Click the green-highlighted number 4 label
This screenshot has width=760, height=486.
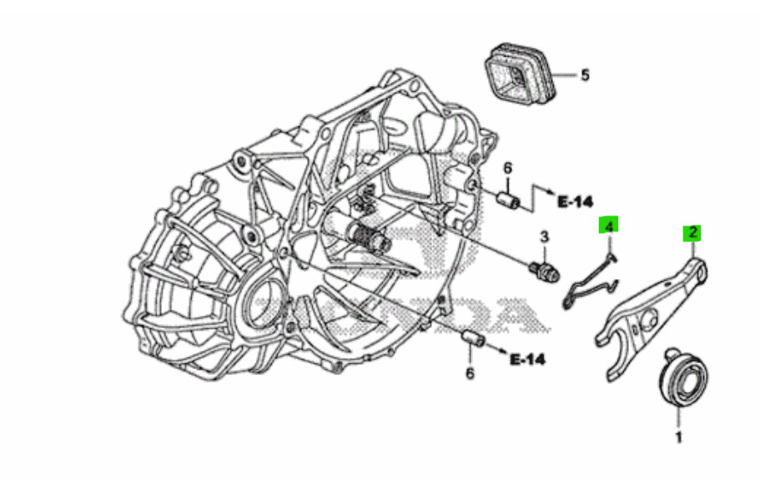[610, 226]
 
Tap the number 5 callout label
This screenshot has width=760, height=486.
[585, 75]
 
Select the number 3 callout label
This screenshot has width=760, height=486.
[543, 236]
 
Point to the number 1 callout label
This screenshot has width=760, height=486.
[678, 437]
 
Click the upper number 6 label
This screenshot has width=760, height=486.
[507, 170]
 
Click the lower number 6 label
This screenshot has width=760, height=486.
[470, 373]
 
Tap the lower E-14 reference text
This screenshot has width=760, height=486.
[527, 360]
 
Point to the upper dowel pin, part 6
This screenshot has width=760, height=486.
[508, 201]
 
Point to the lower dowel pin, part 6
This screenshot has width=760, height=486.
[473, 339]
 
